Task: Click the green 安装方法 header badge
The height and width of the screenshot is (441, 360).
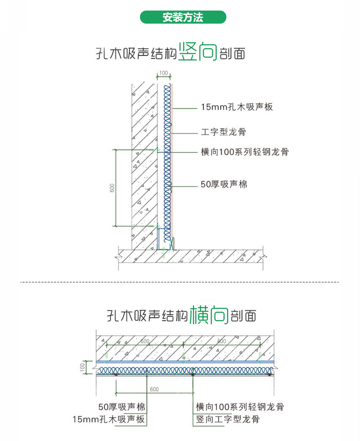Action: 183,17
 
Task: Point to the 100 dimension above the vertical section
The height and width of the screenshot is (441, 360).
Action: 164,73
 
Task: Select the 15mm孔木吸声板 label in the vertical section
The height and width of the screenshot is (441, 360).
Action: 237,107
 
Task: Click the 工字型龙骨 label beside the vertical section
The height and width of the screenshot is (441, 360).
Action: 223,132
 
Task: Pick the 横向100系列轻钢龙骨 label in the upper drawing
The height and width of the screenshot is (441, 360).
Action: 244,152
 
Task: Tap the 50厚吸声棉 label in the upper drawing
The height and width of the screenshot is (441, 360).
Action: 224,184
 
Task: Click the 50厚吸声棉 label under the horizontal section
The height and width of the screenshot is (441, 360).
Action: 121,407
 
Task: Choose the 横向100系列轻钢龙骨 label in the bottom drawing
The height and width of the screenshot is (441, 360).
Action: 239,407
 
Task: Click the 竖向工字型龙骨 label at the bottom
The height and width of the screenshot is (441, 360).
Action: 228,419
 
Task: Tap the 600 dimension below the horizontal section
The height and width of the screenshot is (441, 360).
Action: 154,389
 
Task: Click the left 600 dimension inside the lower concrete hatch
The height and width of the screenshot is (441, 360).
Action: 145,341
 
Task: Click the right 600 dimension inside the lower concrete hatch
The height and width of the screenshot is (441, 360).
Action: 221,341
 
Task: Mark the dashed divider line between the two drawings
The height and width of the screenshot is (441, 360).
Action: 180,281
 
